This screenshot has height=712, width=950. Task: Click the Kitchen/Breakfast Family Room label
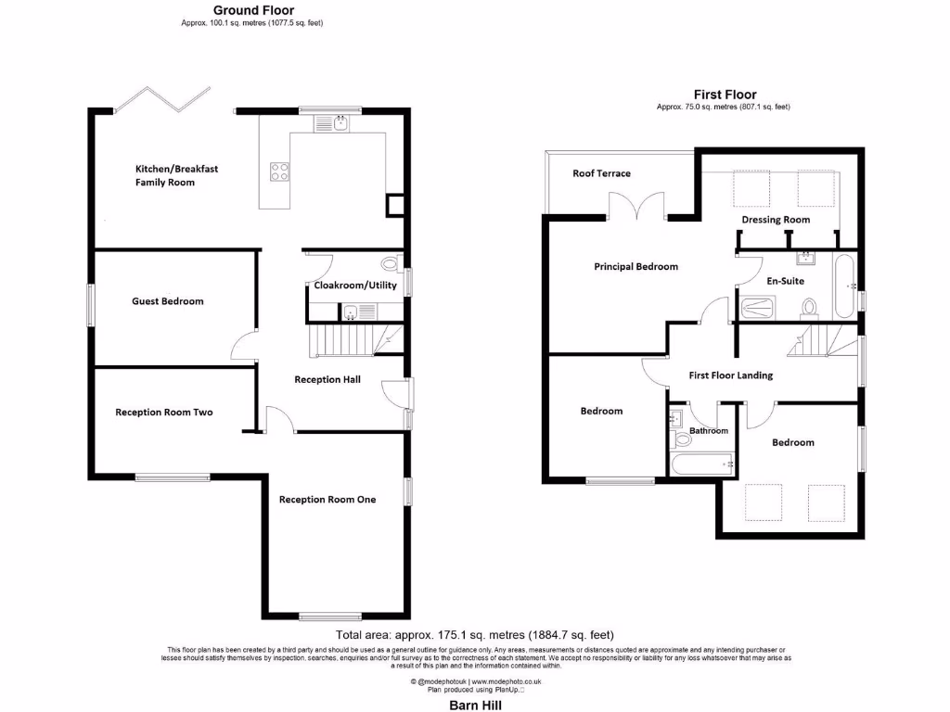(177, 176)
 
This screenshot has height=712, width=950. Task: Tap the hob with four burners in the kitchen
(278, 171)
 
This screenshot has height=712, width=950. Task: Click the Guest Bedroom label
(168, 301)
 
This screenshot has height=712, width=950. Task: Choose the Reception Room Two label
(163, 413)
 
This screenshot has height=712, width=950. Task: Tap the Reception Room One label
(327, 500)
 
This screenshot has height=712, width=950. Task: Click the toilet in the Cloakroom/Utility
(390, 262)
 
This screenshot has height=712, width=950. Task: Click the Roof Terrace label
(601, 173)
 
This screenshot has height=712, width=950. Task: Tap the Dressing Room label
(776, 220)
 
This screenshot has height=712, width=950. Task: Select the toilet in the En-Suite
(808, 306)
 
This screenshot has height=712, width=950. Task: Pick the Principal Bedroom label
(635, 267)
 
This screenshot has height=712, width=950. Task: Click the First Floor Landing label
(730, 375)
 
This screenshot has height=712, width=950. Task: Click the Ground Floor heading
(253, 11)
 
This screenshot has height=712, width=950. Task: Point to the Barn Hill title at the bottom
(475, 705)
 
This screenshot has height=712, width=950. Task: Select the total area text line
(475, 636)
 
